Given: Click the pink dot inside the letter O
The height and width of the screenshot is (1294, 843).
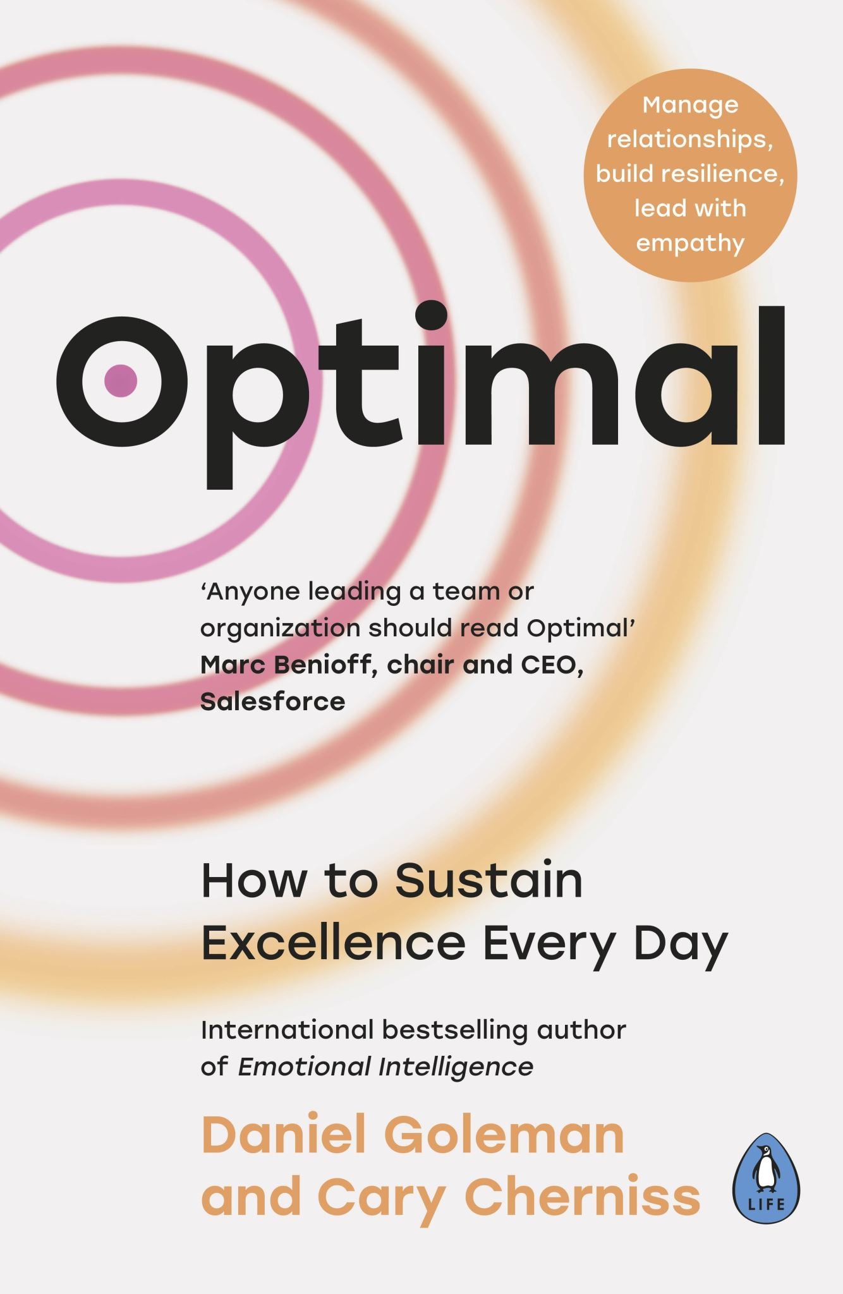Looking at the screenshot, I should [x=120, y=380].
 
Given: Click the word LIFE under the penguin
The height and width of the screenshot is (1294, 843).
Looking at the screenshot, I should [x=767, y=1204].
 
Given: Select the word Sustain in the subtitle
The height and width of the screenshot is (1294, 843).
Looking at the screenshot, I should [x=488, y=881].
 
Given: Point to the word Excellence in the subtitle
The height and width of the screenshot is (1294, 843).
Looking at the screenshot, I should [x=333, y=943].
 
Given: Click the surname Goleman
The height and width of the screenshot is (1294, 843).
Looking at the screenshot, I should [x=504, y=1135].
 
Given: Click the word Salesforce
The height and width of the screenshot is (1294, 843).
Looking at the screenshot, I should [x=272, y=701].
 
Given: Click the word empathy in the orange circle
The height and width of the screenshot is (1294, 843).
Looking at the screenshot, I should [x=690, y=243].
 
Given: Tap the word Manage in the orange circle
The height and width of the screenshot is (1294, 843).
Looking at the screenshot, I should [x=690, y=104].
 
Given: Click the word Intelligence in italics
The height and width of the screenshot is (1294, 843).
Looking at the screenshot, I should [x=456, y=1067].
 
